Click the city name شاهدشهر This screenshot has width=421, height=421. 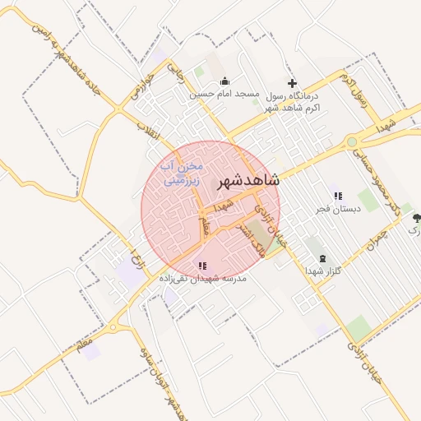point(247,183)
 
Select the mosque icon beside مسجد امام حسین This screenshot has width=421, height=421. point(224,81)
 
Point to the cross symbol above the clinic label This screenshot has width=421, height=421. point(291,83)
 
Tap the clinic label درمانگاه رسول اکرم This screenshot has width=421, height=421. point(292,102)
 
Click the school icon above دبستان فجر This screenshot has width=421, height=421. point(337,196)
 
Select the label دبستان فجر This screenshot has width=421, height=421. point(337,209)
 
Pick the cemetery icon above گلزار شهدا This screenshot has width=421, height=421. point(322,257)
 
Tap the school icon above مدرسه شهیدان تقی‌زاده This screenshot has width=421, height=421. point(202,266)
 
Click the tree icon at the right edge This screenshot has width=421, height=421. point(416,219)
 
